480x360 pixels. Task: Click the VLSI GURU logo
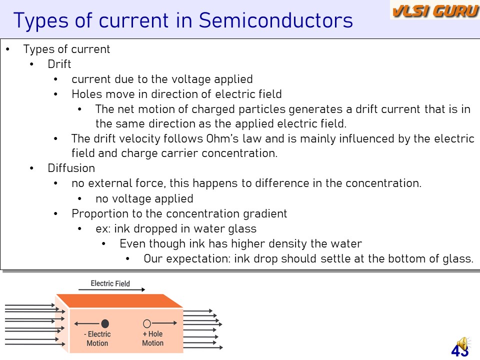(435, 10)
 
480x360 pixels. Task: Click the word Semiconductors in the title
(276, 20)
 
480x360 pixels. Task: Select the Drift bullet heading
(59, 64)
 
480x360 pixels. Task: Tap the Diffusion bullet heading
(71, 168)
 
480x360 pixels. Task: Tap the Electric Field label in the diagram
(110, 283)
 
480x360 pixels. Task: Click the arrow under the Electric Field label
(111, 289)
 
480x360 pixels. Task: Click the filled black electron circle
(105, 323)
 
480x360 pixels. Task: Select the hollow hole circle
(147, 323)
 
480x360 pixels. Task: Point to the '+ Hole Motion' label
(153, 338)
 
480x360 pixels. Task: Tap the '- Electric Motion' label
(97, 338)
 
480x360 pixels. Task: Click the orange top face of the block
(119, 301)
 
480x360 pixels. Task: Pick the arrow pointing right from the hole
(164, 323)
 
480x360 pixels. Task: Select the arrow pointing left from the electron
(87, 323)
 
